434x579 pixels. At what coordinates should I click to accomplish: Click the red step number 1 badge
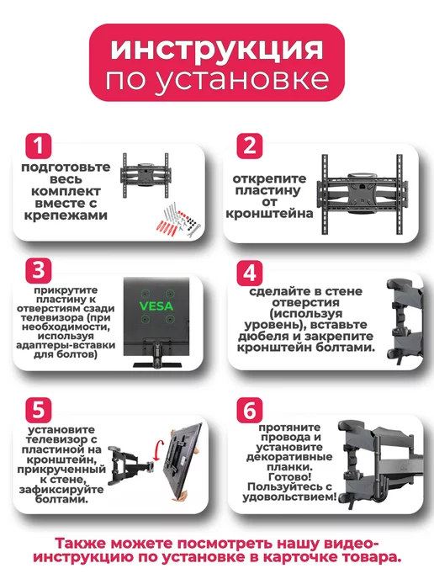39,146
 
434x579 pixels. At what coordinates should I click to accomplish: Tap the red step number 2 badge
250,146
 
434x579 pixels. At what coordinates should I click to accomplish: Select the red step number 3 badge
39,270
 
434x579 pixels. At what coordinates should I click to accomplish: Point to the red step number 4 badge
250,273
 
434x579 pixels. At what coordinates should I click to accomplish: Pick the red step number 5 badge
39,410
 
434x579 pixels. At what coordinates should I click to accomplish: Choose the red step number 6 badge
250,410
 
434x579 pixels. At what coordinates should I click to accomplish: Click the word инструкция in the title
217,49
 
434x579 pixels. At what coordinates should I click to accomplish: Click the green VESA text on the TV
156,306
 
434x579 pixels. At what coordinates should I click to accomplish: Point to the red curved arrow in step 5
156,449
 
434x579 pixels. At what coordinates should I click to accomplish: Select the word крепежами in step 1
66,215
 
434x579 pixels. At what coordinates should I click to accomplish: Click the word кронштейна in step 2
269,214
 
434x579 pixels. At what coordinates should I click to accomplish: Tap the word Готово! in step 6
289,477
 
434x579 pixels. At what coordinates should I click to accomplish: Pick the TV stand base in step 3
157,365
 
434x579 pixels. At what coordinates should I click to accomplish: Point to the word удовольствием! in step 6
289,497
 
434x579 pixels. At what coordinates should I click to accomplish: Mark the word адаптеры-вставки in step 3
66,346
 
